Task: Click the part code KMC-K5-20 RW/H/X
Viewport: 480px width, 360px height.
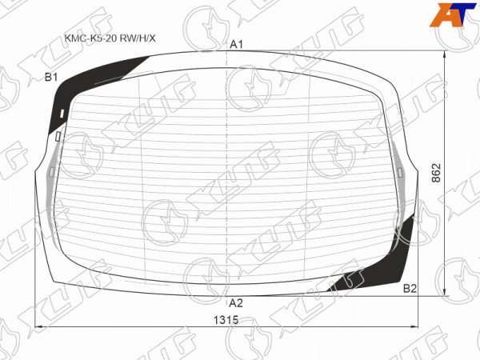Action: (110, 38)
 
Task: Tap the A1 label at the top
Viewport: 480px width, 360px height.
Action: (236, 45)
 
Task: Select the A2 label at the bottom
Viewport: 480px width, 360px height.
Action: (236, 303)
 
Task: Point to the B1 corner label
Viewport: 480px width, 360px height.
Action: (51, 77)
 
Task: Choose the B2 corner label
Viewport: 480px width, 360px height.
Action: (410, 288)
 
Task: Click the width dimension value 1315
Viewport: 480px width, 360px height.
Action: (226, 320)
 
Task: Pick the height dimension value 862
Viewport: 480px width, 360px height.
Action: (436, 173)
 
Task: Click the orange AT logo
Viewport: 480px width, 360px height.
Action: (453, 15)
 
